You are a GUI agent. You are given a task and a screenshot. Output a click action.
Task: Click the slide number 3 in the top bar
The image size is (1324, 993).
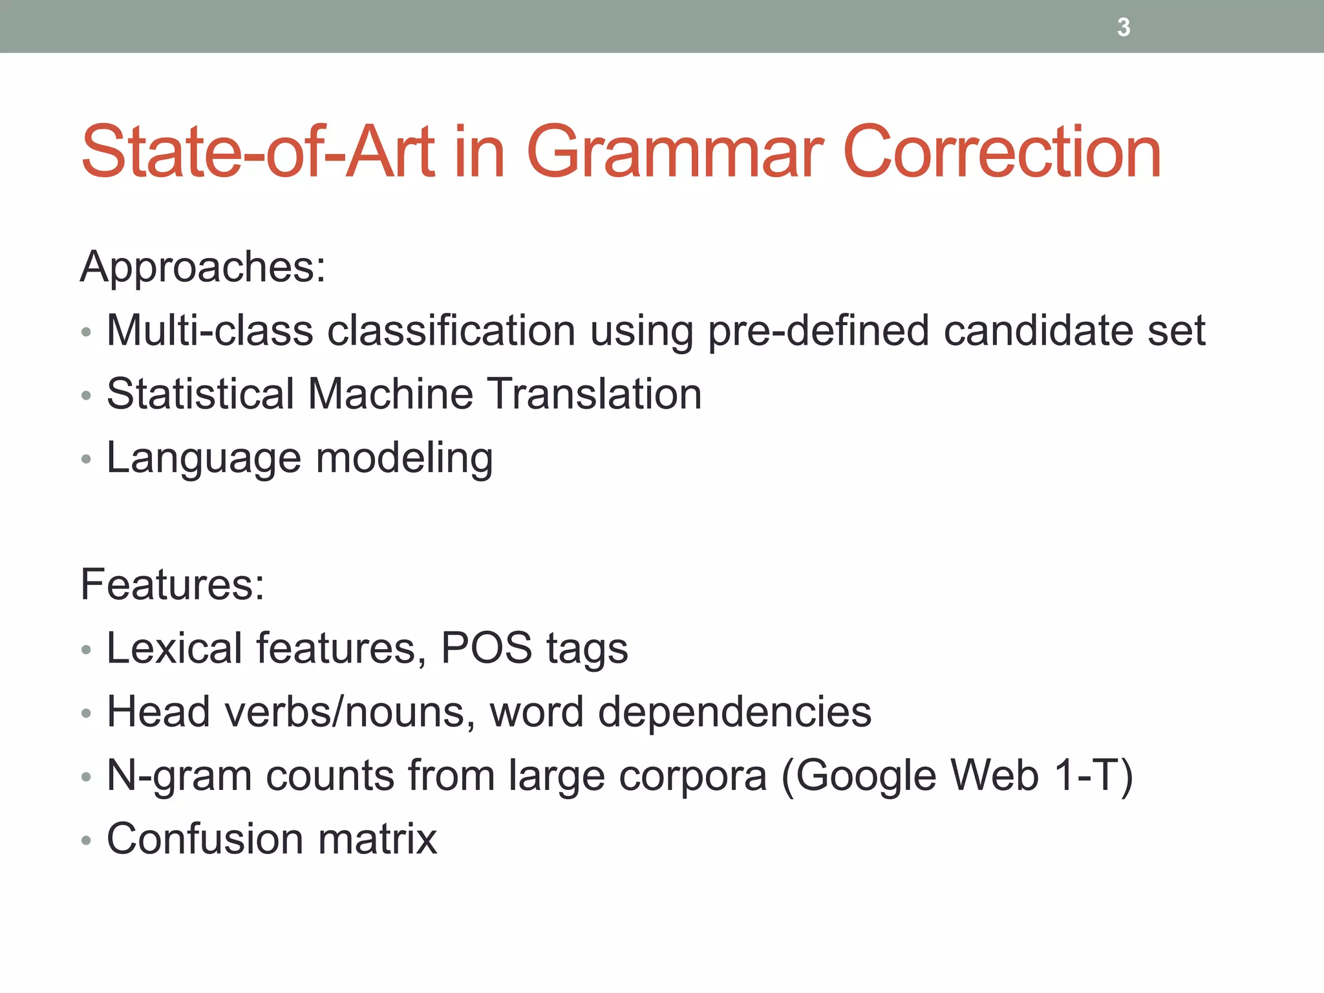click(1124, 27)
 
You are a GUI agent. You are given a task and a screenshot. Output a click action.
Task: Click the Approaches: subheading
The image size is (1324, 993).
click(203, 266)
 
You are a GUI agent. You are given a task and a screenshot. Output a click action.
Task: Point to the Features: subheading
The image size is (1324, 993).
click(173, 584)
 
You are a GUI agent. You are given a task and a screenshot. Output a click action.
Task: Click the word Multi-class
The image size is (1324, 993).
click(211, 330)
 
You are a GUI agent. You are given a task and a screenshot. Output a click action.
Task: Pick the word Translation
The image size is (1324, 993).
click(594, 394)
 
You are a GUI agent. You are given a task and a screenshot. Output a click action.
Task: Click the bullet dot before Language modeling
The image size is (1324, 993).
click(86, 459)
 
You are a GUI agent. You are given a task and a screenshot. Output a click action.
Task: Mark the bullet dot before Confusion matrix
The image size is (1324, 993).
click(86, 840)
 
